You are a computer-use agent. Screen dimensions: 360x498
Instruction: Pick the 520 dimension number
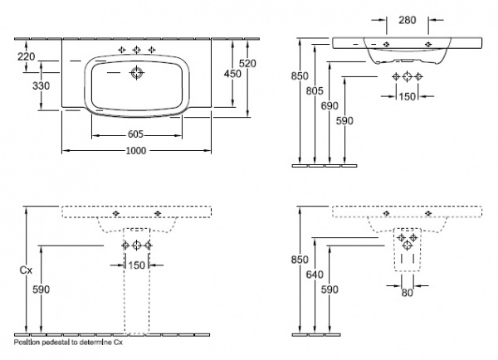(259, 63)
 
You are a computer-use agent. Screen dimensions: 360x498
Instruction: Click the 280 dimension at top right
(407, 18)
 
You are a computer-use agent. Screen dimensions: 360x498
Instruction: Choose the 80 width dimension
(406, 292)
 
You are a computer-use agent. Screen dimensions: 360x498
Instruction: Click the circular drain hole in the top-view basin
(136, 74)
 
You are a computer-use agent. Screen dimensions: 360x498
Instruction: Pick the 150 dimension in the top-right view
(406, 96)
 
